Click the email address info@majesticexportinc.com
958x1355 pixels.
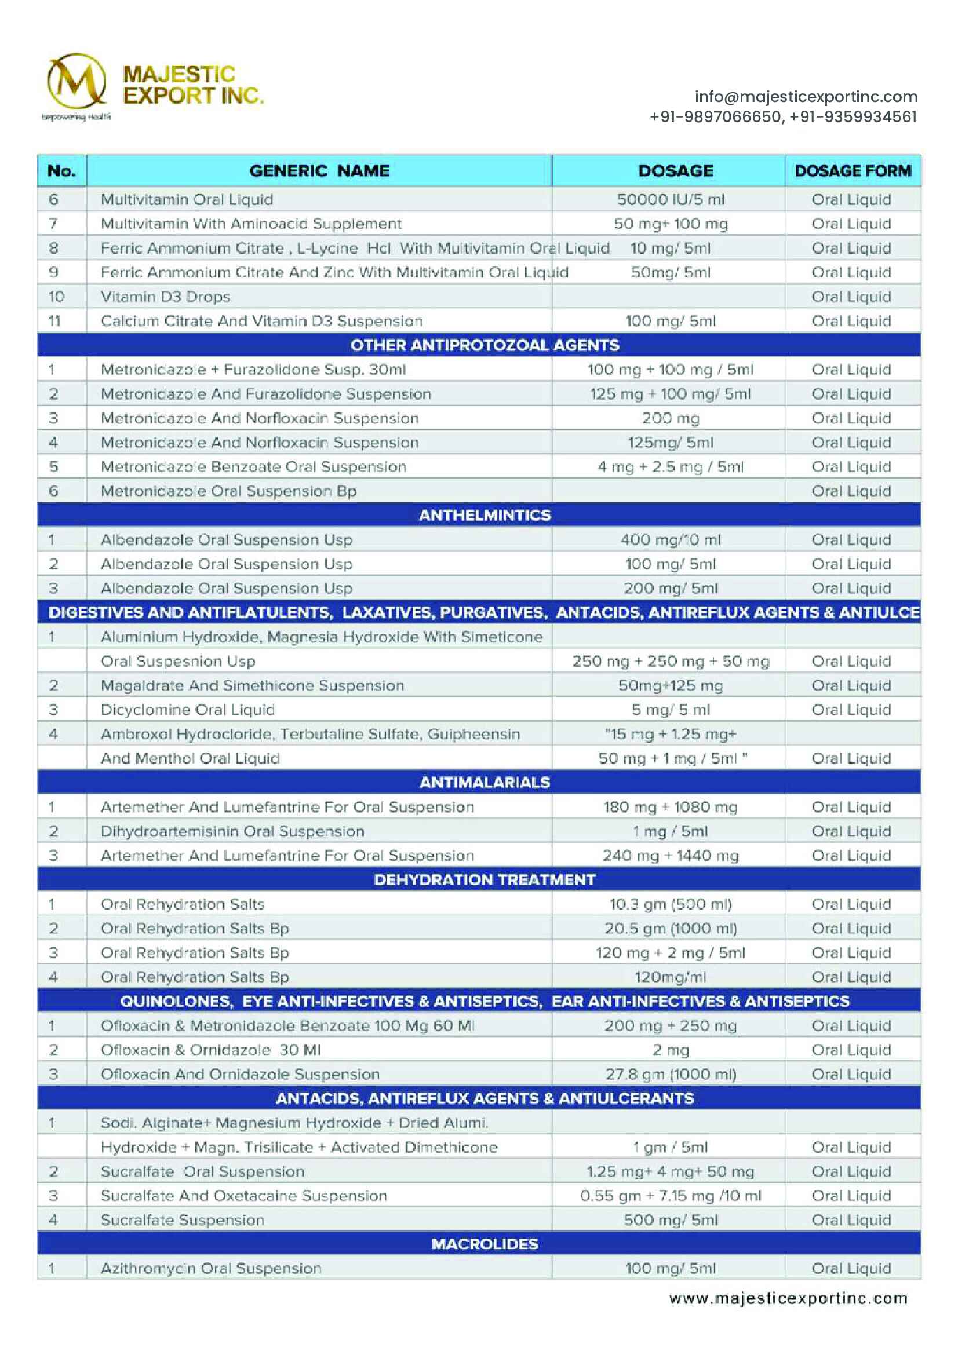point(805,97)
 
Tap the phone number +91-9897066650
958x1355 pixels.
point(715,117)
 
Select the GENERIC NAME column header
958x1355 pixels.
point(319,171)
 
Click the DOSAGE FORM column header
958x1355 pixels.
point(853,171)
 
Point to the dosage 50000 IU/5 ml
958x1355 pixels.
point(670,199)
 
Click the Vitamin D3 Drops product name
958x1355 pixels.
point(165,297)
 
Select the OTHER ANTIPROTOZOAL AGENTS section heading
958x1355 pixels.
point(484,345)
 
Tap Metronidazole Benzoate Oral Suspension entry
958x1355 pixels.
point(253,467)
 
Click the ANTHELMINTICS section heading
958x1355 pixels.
point(484,515)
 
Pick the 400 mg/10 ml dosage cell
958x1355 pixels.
point(670,540)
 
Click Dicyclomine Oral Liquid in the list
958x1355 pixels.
point(188,710)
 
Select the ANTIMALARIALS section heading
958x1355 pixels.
point(484,783)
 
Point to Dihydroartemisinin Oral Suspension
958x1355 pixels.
point(232,831)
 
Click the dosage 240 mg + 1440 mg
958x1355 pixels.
point(670,856)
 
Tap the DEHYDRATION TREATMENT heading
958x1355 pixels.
point(484,880)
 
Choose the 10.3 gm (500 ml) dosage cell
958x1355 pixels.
point(670,904)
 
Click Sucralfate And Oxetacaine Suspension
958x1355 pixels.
point(243,1196)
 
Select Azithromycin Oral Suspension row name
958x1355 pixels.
point(211,1268)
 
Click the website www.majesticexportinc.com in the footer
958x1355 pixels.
point(788,1298)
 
